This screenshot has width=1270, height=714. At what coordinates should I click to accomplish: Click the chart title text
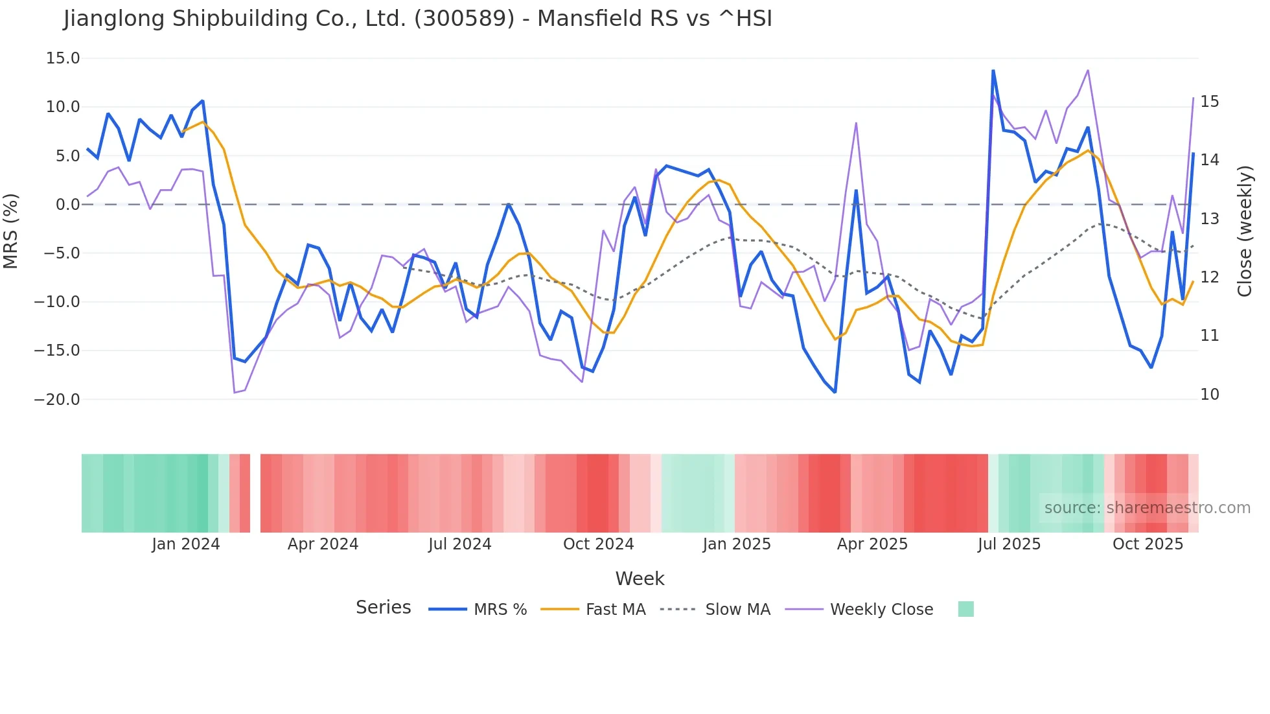(x=417, y=19)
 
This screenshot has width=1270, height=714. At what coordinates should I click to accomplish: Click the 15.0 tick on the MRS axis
(x=63, y=58)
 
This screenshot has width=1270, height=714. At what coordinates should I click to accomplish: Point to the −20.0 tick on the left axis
(x=57, y=399)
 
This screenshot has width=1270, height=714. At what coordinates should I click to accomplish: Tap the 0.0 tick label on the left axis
(x=67, y=205)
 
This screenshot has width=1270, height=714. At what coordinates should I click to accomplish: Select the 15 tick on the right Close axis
(x=1209, y=102)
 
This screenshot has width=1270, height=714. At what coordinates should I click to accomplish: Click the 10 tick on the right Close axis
(x=1209, y=395)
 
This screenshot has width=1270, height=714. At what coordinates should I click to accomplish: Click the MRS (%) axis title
(x=11, y=231)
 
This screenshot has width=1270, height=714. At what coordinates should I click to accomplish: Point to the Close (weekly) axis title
(x=1244, y=231)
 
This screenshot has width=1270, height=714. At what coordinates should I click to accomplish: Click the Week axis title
(x=640, y=579)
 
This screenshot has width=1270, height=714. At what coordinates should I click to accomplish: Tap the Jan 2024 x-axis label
(x=186, y=544)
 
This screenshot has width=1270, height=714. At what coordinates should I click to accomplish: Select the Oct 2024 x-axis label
(x=598, y=544)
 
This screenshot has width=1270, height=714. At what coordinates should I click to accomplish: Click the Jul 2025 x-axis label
(x=1009, y=544)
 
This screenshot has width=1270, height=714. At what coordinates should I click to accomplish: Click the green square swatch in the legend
(x=965, y=609)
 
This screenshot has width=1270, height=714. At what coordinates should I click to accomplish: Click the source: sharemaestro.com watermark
(x=1147, y=508)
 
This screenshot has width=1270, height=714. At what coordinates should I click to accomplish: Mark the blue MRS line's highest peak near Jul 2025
(x=993, y=71)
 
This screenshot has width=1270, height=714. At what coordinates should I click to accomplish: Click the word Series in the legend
(x=383, y=608)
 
